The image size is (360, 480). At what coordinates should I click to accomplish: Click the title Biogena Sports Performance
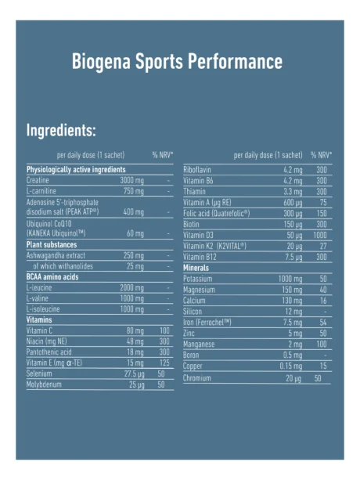pyautogui.click(x=176, y=62)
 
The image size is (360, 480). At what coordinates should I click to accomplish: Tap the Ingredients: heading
pyautogui.click(x=61, y=130)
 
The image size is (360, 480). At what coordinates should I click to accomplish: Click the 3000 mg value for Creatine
pyautogui.click(x=131, y=180)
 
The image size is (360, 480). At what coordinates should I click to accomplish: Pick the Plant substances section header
pyautogui.click(x=52, y=244)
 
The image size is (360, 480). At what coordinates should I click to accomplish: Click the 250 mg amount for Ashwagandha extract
pyautogui.click(x=134, y=255)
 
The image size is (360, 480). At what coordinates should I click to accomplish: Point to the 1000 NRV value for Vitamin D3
pyautogui.click(x=320, y=234)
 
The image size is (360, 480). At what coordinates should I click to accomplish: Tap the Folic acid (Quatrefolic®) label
pyautogui.click(x=217, y=212)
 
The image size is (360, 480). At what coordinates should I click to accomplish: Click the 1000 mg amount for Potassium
pyautogui.click(x=290, y=278)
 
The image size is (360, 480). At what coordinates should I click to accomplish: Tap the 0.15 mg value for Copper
pyautogui.click(x=291, y=366)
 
